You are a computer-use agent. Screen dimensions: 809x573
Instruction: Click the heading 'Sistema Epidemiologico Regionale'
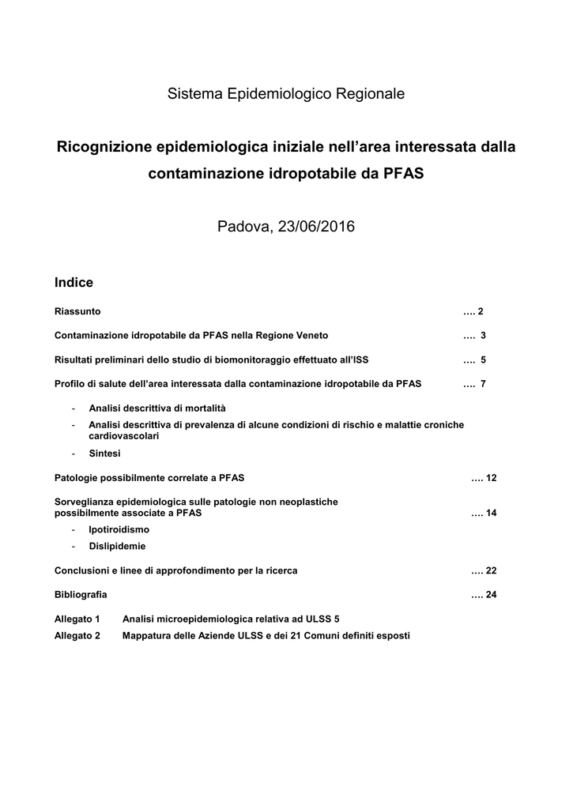pos(286,94)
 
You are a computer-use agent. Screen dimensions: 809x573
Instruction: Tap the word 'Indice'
pos(74,282)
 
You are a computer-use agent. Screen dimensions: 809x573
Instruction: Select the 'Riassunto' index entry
pos(77,311)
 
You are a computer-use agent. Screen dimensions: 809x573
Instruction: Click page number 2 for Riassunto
pos(480,311)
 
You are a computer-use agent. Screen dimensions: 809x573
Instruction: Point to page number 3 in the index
pos(482,335)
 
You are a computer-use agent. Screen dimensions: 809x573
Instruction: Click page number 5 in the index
pos(482,359)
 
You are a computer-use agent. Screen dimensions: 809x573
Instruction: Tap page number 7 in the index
pos(482,384)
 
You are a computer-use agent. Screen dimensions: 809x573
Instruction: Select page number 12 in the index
pos(491,478)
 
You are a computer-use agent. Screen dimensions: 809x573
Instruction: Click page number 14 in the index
pos(491,513)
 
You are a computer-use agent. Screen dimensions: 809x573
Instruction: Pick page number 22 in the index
pos(491,570)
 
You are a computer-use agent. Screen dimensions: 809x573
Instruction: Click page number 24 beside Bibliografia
pos(491,594)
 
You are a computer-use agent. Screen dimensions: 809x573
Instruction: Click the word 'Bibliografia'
pos(81,594)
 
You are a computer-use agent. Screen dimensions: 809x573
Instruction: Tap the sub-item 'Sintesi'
pos(105,453)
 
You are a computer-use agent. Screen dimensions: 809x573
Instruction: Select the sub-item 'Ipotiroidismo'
pos(119,529)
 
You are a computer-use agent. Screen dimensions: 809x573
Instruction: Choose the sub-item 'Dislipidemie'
pos(117,546)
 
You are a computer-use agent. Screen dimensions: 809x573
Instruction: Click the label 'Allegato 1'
pos(77,619)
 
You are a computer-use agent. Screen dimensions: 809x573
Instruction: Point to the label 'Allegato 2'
pos(77,635)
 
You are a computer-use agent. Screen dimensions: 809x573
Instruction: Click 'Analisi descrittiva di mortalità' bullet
pos(156,408)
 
